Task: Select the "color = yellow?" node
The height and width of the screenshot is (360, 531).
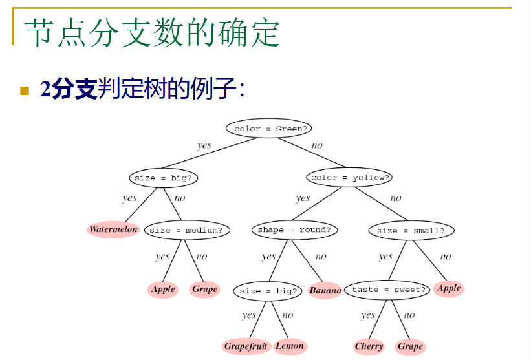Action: tap(350, 177)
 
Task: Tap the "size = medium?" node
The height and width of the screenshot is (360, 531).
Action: tap(186, 230)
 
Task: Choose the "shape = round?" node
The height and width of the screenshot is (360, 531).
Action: tap(294, 229)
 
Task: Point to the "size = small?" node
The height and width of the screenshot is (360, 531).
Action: tap(411, 230)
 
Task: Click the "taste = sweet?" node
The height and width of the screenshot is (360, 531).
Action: tap(389, 290)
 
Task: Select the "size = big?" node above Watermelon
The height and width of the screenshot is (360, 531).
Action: tap(163, 177)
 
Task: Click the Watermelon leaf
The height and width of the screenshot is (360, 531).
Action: tap(113, 229)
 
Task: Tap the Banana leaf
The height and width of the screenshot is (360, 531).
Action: tap(325, 291)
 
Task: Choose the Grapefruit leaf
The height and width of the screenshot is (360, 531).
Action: tap(246, 346)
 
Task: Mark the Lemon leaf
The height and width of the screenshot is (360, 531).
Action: tap(289, 346)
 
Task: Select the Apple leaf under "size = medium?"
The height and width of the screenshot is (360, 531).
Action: tap(163, 290)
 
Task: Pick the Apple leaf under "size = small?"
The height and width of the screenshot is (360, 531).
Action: tap(449, 288)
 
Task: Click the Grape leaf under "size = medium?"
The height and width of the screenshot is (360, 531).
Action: tap(204, 290)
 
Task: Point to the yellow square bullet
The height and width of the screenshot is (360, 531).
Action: tap(25, 90)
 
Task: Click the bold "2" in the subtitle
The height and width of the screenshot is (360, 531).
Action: tap(45, 89)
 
